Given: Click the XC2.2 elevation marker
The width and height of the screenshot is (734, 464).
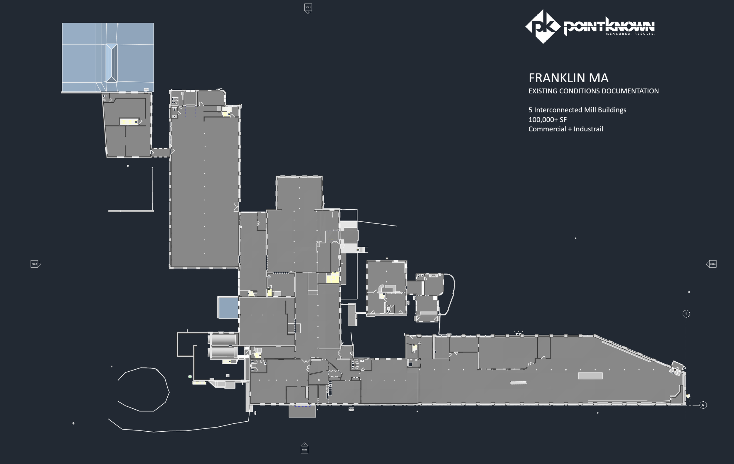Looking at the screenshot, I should (x=308, y=8).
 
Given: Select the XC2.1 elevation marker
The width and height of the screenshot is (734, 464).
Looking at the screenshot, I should (x=35, y=264).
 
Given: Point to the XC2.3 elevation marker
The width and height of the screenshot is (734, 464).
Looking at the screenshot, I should (x=712, y=264).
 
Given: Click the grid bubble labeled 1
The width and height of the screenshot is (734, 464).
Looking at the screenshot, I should (x=686, y=313).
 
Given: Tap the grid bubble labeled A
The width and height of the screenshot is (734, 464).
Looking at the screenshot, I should (x=703, y=405).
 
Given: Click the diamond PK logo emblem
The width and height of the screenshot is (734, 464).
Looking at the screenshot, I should (x=543, y=26).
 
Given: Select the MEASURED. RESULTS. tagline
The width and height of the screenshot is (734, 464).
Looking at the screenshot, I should (x=630, y=34).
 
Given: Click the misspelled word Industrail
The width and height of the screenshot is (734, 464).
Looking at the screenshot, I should (x=588, y=129).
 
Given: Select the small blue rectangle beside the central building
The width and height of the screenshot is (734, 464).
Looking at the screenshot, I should (x=228, y=308).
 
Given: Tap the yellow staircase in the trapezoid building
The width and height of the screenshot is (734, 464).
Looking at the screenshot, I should (x=129, y=122).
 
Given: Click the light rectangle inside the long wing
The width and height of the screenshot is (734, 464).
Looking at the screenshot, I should (x=590, y=376).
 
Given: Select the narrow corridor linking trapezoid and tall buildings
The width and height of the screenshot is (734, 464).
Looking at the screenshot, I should (x=161, y=152).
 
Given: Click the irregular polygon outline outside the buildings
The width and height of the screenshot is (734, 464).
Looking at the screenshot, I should (x=143, y=389).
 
